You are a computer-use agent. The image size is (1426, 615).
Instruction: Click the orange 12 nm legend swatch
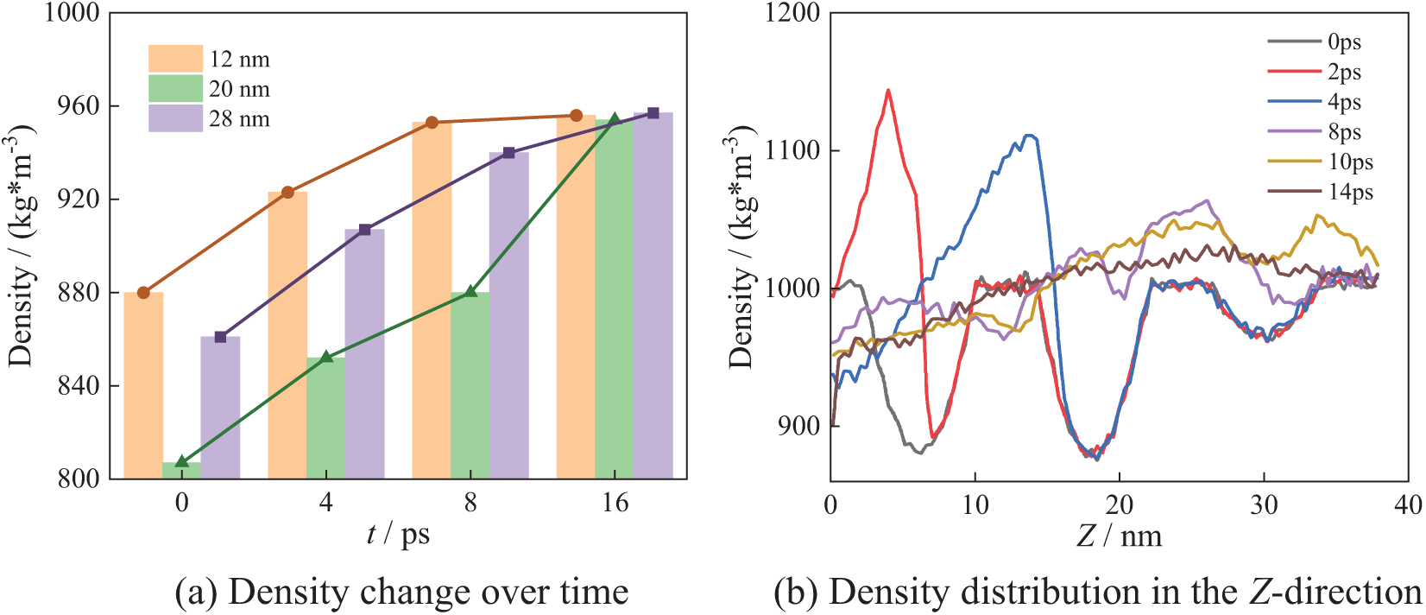pos(175,59)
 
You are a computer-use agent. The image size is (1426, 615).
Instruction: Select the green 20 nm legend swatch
pos(175,88)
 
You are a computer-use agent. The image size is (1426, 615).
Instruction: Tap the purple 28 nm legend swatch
pos(175,118)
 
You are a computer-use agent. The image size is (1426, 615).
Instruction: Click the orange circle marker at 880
pos(143,293)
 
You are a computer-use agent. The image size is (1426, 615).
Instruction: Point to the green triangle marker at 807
pos(181,462)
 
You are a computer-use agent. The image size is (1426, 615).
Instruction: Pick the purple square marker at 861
pos(220,337)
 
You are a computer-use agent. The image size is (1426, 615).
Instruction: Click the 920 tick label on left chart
pos(77,200)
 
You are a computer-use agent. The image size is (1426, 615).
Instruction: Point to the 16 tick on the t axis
pos(615,503)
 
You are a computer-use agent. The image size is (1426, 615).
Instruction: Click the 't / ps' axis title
pos(398,535)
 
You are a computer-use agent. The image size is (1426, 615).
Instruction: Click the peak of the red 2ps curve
pos(888,90)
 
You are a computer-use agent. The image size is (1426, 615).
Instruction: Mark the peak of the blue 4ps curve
pos(1028,135)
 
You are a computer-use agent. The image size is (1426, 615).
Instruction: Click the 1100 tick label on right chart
pos(793,151)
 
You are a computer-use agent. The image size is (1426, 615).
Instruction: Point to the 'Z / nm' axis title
pos(1120,536)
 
